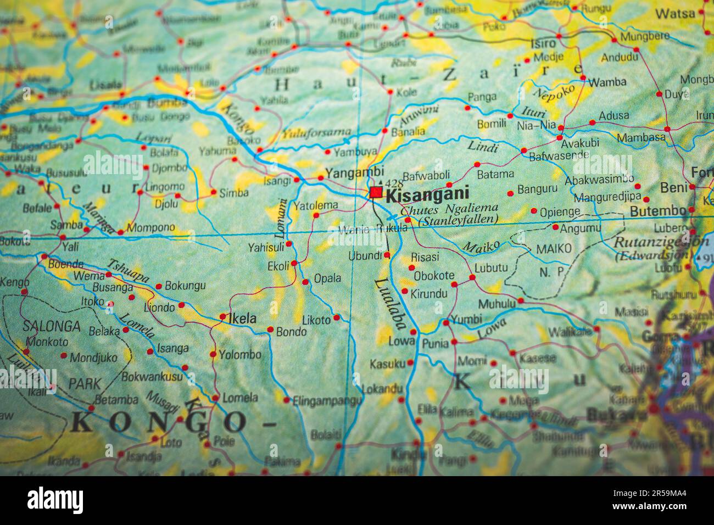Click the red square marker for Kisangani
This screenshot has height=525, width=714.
tap(376, 193)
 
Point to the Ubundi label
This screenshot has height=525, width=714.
tap(365, 255)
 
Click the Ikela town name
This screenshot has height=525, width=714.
tap(242, 318)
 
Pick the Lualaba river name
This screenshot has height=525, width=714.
tap(391, 303)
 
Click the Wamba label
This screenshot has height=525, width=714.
tap(607, 82)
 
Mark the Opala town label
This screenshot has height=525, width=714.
tap(327, 278)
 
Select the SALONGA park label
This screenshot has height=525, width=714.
tap(51, 326)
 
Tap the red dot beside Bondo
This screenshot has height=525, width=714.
tap(270, 329)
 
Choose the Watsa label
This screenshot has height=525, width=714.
tap(675, 13)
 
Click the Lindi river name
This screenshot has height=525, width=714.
tap(482, 147)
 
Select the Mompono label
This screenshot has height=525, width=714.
tap(150, 227)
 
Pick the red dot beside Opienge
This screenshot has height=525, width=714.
tap(534, 211)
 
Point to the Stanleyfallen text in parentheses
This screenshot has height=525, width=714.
tap(458, 220)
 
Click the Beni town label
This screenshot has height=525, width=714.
tap(673, 187)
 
